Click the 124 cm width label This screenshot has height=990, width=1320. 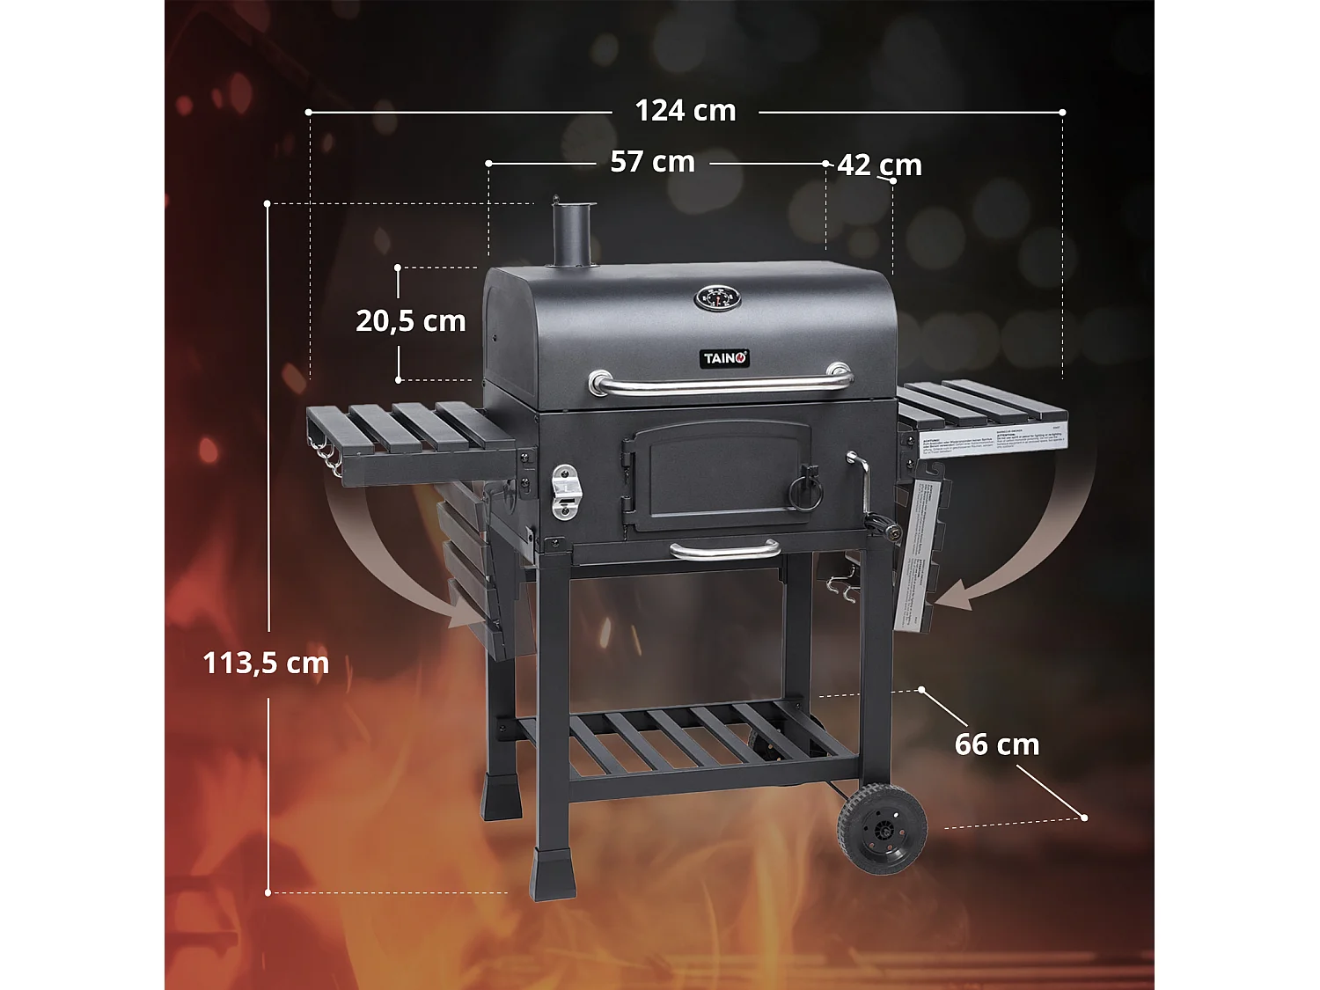[685, 111]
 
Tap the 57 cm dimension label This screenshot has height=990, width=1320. [652, 162]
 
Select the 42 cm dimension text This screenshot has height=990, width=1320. [879, 165]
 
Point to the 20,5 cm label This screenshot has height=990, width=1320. [410, 321]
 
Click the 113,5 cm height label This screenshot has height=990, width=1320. [266, 663]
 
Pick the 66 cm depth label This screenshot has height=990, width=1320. [997, 744]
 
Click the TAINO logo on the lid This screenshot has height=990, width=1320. [724, 358]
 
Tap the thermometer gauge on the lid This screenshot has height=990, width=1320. [718, 298]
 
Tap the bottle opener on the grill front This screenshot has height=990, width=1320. [565, 493]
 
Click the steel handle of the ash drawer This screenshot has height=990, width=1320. [724, 551]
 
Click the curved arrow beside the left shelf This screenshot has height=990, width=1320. [387, 563]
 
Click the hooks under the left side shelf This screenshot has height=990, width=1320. [327, 458]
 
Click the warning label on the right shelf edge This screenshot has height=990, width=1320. [993, 438]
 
